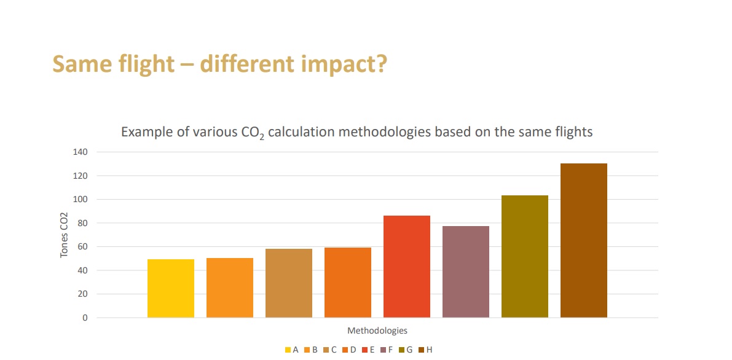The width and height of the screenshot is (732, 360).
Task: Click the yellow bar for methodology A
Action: click(171, 288)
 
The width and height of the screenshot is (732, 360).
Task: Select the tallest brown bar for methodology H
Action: click(584, 240)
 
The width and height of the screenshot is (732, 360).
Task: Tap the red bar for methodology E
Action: click(407, 266)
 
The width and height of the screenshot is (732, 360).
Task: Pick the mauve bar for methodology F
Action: click(466, 272)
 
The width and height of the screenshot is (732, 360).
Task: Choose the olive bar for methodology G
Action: click(525, 256)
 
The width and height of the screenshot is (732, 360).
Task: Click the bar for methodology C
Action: click(289, 283)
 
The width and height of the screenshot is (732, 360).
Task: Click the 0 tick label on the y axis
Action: click(85, 318)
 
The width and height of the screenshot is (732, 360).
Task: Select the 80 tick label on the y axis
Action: click(82, 223)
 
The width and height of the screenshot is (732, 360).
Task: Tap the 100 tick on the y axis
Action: click(80, 200)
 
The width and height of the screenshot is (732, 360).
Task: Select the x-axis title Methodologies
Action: click(377, 331)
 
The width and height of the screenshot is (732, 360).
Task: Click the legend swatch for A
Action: click(288, 350)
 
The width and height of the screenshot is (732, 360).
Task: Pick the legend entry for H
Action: click(425, 350)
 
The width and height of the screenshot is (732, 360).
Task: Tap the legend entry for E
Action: click(368, 350)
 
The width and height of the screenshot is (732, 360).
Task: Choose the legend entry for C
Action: click(330, 350)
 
